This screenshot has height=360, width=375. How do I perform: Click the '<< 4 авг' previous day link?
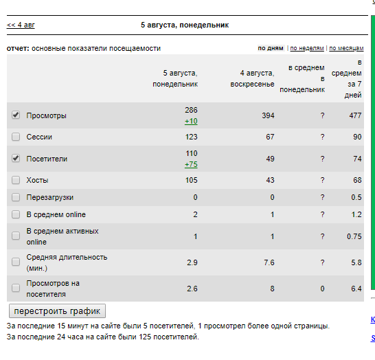21,25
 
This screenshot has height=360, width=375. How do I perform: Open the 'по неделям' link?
307,48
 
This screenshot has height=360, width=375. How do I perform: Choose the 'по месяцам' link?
346,48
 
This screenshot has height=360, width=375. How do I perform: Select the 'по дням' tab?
271,48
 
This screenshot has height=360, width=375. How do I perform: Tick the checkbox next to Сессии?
16,137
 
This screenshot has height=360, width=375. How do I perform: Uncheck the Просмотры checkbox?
16,115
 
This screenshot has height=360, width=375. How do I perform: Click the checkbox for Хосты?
16,180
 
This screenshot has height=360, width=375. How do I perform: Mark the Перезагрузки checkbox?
16,197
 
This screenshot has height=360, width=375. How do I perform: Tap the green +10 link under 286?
191,122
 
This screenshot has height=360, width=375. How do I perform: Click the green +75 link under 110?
191,165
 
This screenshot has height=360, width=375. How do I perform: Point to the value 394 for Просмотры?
268,115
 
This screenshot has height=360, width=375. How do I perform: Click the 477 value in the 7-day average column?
355,115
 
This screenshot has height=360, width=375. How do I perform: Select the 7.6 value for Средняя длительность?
269,262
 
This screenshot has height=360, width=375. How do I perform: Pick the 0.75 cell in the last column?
354,236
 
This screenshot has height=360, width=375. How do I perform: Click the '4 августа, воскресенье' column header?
252,78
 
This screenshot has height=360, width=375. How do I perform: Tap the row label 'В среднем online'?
56,214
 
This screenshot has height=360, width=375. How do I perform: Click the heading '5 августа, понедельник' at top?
185,25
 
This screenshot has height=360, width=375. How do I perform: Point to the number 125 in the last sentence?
145,337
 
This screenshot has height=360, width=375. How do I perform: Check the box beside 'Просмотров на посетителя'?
16,288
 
